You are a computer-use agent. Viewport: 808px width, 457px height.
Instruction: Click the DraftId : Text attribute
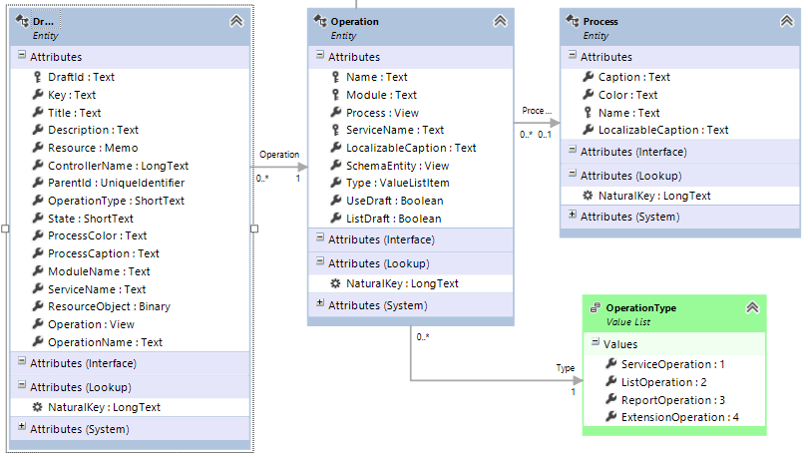(81, 77)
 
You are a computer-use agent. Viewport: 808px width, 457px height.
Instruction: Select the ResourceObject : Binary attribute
(109, 306)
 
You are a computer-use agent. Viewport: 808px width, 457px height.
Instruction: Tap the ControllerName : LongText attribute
(118, 166)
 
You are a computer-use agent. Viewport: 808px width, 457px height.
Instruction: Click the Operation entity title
(354, 22)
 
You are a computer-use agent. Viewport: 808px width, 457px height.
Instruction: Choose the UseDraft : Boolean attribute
(394, 201)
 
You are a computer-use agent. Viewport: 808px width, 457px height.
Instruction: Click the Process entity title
(601, 22)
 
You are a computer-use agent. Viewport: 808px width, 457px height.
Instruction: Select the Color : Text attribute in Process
(627, 95)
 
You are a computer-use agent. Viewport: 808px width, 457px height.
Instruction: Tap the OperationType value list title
(641, 308)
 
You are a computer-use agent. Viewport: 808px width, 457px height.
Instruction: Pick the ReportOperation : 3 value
(673, 400)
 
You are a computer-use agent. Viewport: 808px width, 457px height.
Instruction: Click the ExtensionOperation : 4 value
(679, 417)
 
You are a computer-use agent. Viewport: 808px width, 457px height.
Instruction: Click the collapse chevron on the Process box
(787, 21)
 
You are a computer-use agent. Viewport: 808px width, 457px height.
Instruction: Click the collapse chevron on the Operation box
(500, 21)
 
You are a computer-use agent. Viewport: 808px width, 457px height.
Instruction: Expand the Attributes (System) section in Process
(573, 215)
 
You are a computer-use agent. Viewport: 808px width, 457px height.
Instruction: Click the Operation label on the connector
(279, 155)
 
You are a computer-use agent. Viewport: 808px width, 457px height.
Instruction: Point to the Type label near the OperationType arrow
(566, 368)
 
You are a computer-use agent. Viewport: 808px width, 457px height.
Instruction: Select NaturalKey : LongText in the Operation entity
(402, 284)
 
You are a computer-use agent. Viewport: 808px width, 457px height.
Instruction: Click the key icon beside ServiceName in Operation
(335, 130)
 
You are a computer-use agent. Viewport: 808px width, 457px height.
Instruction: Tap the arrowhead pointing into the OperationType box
(578, 381)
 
